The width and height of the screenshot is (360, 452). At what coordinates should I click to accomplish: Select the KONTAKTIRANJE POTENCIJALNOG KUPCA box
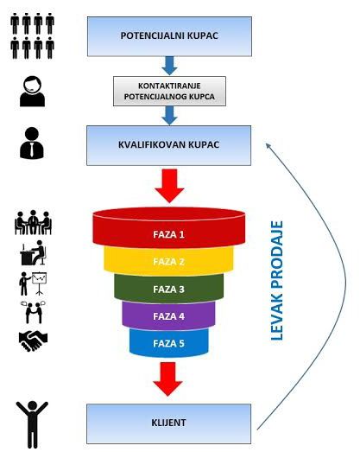click(x=169, y=90)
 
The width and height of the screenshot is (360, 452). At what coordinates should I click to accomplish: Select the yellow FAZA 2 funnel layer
click(x=169, y=259)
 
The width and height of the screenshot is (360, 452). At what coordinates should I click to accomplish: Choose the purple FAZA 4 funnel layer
click(x=169, y=315)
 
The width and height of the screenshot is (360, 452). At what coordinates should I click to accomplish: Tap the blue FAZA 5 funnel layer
click(x=169, y=342)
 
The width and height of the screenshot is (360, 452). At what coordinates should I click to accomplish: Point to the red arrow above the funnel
click(x=169, y=184)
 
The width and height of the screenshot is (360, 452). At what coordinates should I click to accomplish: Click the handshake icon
click(x=33, y=341)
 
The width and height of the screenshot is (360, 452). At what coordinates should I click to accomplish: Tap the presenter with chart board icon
click(x=33, y=282)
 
